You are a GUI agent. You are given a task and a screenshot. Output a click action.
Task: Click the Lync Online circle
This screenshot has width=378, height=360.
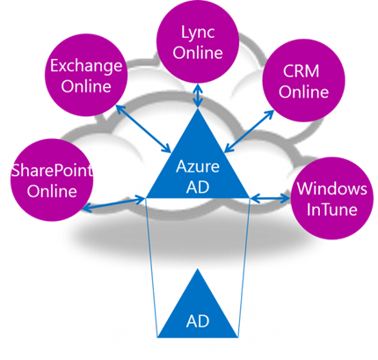click(x=198, y=42)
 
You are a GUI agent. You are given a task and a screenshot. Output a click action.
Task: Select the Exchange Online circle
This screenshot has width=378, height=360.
click(x=86, y=75)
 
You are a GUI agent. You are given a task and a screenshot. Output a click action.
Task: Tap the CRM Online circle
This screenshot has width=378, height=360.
click(x=303, y=80)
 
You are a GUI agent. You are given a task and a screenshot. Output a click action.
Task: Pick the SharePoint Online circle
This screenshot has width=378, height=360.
click(x=52, y=180)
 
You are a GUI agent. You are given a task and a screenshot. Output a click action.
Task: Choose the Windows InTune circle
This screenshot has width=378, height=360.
click(x=332, y=198)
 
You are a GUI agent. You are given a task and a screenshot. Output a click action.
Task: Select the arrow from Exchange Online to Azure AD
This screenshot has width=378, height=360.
click(x=144, y=129)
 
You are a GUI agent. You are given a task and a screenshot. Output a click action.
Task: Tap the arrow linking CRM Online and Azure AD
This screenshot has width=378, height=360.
click(x=249, y=131)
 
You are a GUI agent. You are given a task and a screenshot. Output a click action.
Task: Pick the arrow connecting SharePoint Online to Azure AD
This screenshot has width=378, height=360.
click(x=113, y=204)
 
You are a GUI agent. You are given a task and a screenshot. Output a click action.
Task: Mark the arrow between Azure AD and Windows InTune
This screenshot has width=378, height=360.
click(x=270, y=198)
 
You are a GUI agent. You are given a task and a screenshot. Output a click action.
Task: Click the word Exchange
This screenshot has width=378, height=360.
click(x=86, y=66)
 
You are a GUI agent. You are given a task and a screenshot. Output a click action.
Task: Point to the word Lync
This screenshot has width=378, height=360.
click(x=198, y=33)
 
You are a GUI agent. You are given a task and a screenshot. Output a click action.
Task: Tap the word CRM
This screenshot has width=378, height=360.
click(x=302, y=71)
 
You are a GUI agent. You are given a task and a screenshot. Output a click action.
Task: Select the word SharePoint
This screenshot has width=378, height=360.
click(x=52, y=170)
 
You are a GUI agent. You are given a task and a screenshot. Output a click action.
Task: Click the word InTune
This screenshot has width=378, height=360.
click(x=332, y=209)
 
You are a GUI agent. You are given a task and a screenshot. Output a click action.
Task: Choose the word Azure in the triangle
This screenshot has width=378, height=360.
click(x=198, y=166)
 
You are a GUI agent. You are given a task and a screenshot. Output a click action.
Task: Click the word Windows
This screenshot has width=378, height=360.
click(x=332, y=188)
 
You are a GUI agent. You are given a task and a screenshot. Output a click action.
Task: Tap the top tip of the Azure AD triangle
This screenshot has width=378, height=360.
click(x=198, y=108)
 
